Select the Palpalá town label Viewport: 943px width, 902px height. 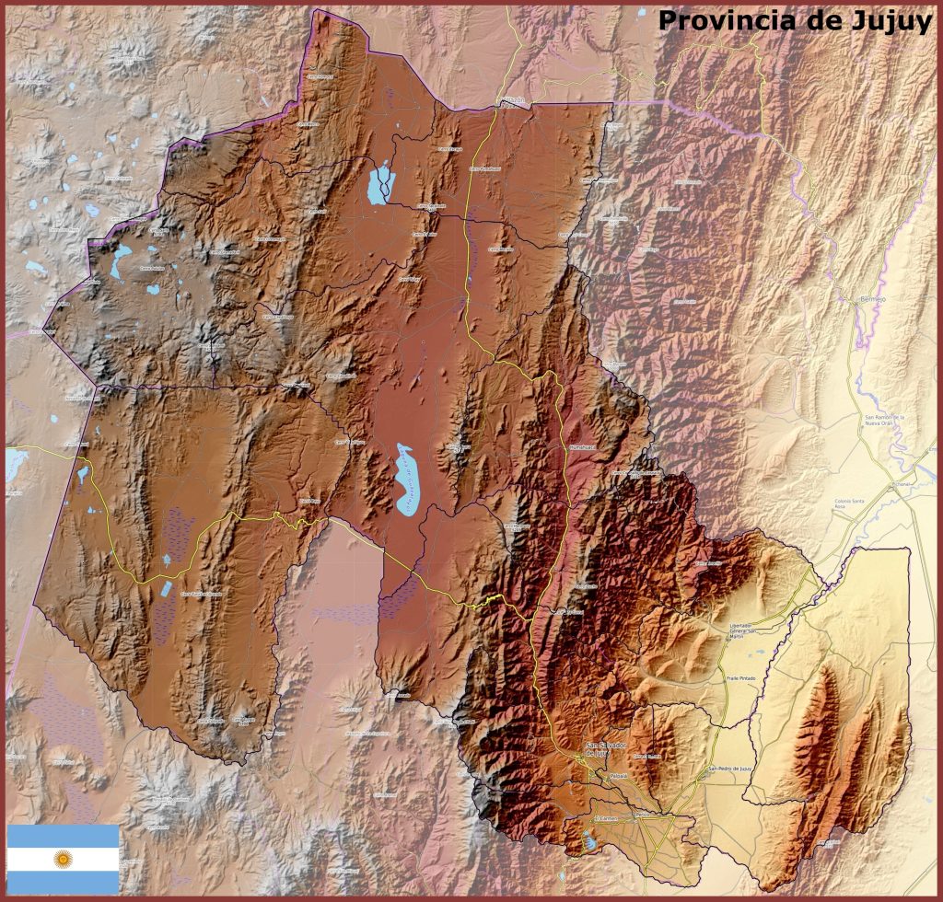pos(617,776)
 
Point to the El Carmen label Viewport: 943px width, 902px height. pos(606,817)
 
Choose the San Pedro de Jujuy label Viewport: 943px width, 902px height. pos(731,769)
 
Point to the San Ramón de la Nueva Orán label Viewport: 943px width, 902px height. pos(885,421)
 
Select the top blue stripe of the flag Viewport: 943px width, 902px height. pos(63,836)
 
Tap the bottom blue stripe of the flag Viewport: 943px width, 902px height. pos(63,883)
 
